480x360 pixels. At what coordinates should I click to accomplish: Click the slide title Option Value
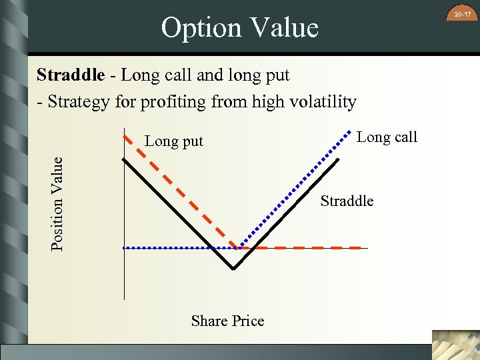tap(239, 28)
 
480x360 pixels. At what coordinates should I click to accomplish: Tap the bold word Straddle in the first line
tap(70, 75)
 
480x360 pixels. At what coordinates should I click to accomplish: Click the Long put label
tap(174, 141)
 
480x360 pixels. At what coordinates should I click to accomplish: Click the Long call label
tap(387, 137)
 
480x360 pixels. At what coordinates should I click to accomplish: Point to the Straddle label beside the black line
tap(347, 201)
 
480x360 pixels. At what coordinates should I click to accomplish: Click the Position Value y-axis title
tap(58, 203)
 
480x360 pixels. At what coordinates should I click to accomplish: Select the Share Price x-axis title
tap(227, 321)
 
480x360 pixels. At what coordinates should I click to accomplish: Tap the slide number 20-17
tap(463, 14)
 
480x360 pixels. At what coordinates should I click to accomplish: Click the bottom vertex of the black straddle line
tap(233, 269)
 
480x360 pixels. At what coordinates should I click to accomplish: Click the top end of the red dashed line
tap(123, 136)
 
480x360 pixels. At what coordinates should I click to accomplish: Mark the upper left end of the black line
tap(123, 159)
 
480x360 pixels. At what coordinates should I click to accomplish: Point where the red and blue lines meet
tap(239, 248)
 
